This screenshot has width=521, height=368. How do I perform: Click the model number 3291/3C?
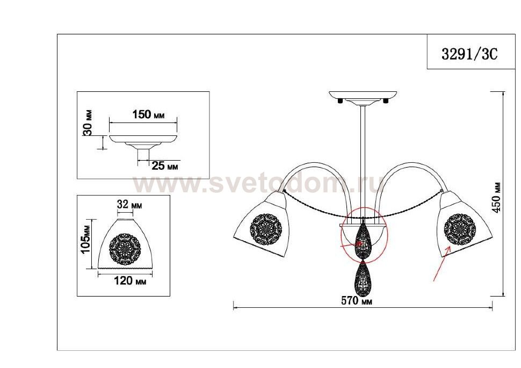(x=469, y=54)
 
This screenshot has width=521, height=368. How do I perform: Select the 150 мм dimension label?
(x=148, y=114)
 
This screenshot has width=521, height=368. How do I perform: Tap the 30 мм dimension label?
(x=88, y=122)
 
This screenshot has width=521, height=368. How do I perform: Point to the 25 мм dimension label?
(x=164, y=165)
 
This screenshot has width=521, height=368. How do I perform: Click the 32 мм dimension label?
(x=129, y=204)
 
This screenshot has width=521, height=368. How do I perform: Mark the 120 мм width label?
(x=130, y=281)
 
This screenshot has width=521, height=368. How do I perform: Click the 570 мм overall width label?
(x=357, y=301)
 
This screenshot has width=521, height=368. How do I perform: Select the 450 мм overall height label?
(x=497, y=198)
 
